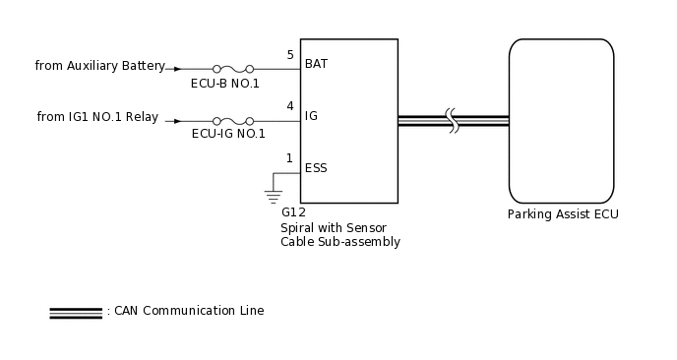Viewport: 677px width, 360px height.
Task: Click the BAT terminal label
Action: coord(316,64)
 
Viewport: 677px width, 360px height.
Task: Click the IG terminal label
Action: coord(311,116)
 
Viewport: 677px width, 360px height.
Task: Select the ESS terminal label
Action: coord(316,168)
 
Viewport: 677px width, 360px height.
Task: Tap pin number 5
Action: coord(289,55)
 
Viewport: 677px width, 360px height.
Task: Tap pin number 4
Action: coord(289,106)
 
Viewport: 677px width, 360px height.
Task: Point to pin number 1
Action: coord(289,158)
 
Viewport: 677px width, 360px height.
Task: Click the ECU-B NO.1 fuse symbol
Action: coord(232,69)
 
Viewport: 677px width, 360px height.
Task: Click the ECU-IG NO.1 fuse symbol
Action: coord(232,121)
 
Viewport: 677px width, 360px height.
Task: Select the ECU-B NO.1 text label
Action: coord(225,84)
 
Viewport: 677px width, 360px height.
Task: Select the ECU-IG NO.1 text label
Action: coord(228,135)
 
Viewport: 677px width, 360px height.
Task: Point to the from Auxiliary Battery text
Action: coord(99,66)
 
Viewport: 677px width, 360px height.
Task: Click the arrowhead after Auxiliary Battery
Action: coord(177,69)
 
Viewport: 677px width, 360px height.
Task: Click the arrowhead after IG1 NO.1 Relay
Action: coord(177,121)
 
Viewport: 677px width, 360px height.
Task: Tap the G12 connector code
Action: coord(293,212)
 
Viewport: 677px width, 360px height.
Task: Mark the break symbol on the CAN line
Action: coord(453,121)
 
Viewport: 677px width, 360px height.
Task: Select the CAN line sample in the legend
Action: coord(76,313)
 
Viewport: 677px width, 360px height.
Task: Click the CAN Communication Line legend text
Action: coord(188,311)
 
